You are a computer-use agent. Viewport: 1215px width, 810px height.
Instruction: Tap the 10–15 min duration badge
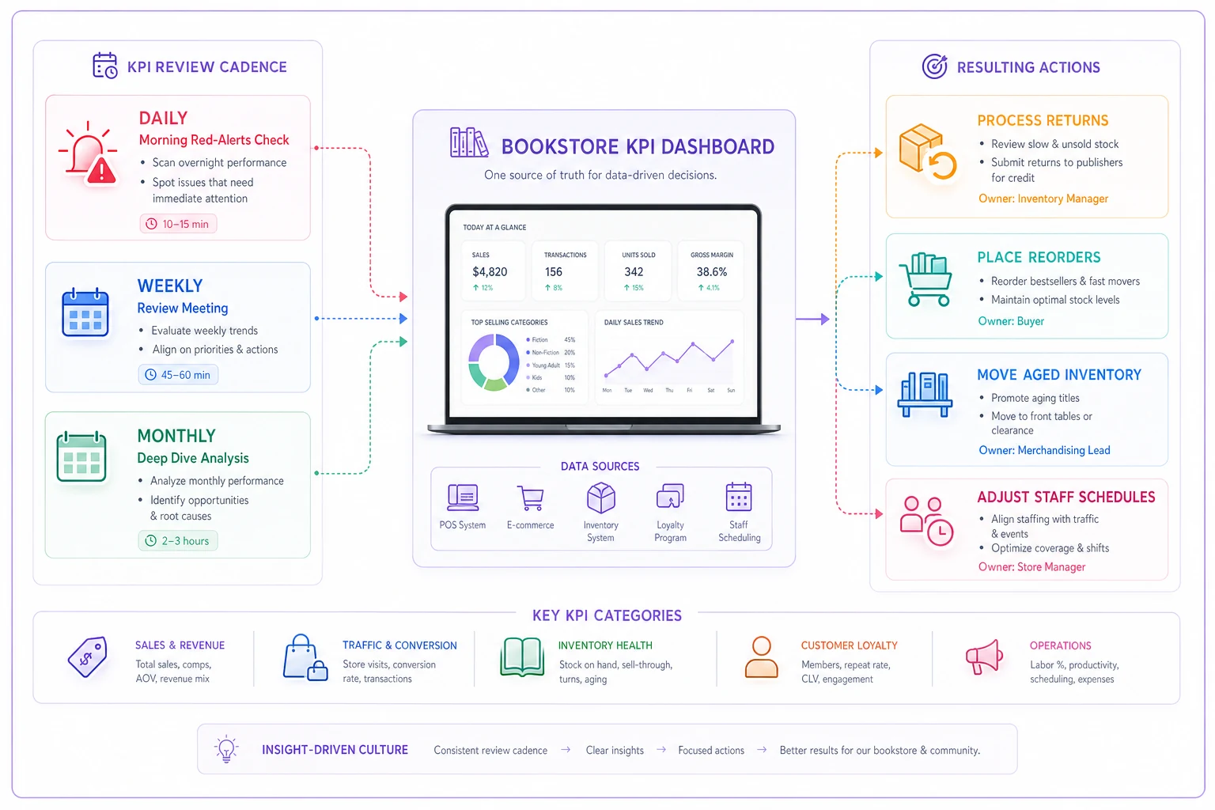(178, 224)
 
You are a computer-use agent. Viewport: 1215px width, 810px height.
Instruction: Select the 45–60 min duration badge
(178, 374)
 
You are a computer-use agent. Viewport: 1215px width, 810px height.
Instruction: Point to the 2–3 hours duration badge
(177, 540)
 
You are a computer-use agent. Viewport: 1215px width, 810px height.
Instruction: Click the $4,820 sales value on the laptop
(490, 271)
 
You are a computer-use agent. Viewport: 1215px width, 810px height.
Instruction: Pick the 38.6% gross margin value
(712, 271)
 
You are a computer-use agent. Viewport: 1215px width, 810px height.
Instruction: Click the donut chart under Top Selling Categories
(494, 362)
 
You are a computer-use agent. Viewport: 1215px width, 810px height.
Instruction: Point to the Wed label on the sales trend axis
(648, 390)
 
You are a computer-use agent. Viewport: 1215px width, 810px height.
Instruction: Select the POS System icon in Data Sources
(463, 497)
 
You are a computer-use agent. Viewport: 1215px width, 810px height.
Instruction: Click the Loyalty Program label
(671, 531)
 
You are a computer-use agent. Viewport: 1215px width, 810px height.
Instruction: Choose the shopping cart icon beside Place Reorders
(925, 279)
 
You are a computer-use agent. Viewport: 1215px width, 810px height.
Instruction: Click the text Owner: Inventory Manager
(1043, 199)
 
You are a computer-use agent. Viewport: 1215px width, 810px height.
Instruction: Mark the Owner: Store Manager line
(1031, 566)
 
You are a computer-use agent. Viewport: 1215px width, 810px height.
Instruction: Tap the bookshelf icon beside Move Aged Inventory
(925, 394)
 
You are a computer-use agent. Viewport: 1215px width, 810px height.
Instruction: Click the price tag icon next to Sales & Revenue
(87, 657)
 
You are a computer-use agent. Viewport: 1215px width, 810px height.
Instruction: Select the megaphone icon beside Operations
(984, 657)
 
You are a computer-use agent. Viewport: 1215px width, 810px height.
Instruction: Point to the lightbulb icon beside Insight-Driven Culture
(226, 749)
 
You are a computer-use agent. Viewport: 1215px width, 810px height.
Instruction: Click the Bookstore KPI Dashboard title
(638, 146)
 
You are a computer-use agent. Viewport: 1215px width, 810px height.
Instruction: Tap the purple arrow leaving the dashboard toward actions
(812, 319)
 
